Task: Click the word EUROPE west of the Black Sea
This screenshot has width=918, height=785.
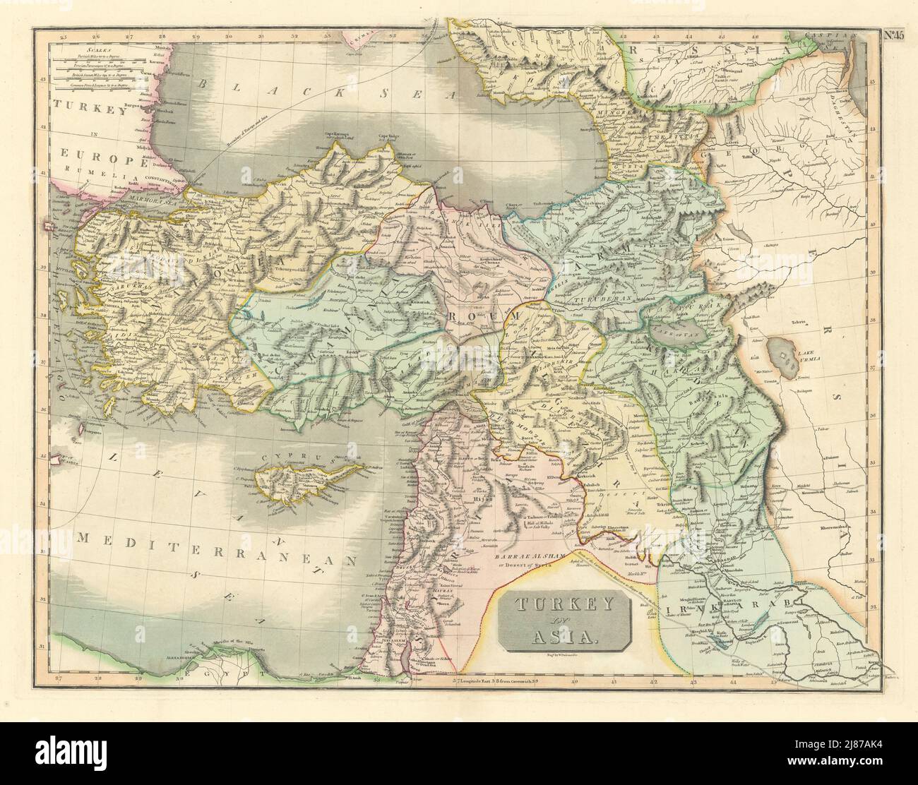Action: coord(91,152)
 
